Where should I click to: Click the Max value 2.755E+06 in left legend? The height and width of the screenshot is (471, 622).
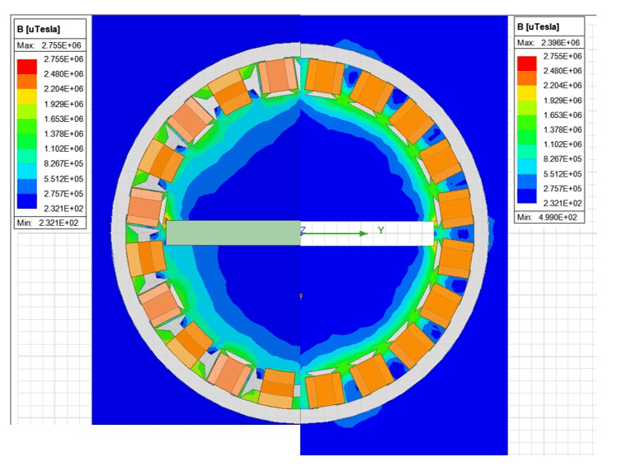[x=62, y=45]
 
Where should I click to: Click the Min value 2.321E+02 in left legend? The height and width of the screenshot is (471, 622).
[x=59, y=223]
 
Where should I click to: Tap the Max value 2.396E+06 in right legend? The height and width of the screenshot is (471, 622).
[x=560, y=42]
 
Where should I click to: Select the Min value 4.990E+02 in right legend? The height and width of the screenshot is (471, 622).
[x=557, y=218]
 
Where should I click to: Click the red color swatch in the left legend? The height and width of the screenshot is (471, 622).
[x=27, y=67]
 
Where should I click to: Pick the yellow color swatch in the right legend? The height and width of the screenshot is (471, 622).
[x=527, y=93]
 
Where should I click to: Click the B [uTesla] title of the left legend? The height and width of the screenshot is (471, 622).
[x=39, y=30]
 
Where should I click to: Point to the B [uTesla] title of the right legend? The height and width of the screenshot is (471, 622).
[x=539, y=26]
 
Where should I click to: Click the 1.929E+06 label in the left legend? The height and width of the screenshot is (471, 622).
[x=64, y=104]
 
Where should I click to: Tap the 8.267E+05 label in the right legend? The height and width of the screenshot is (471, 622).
[x=562, y=158]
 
